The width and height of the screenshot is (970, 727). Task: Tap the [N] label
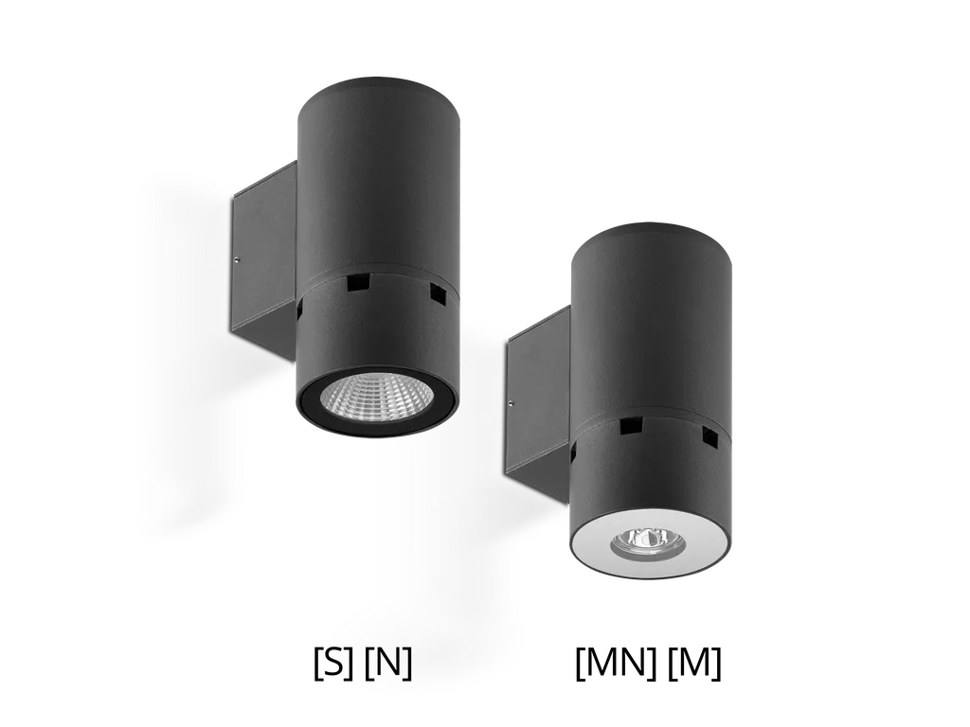387,664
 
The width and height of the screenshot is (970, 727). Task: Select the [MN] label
616,664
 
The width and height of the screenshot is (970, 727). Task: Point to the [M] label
694,664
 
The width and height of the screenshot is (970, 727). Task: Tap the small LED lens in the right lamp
644,541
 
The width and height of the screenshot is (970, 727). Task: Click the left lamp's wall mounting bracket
265,259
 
